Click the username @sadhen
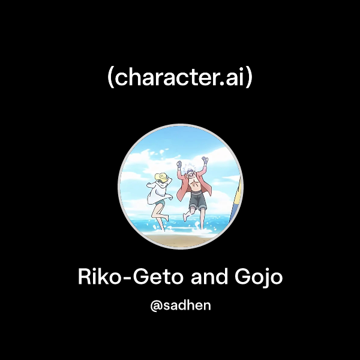point(181,305)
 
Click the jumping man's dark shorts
point(197,202)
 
